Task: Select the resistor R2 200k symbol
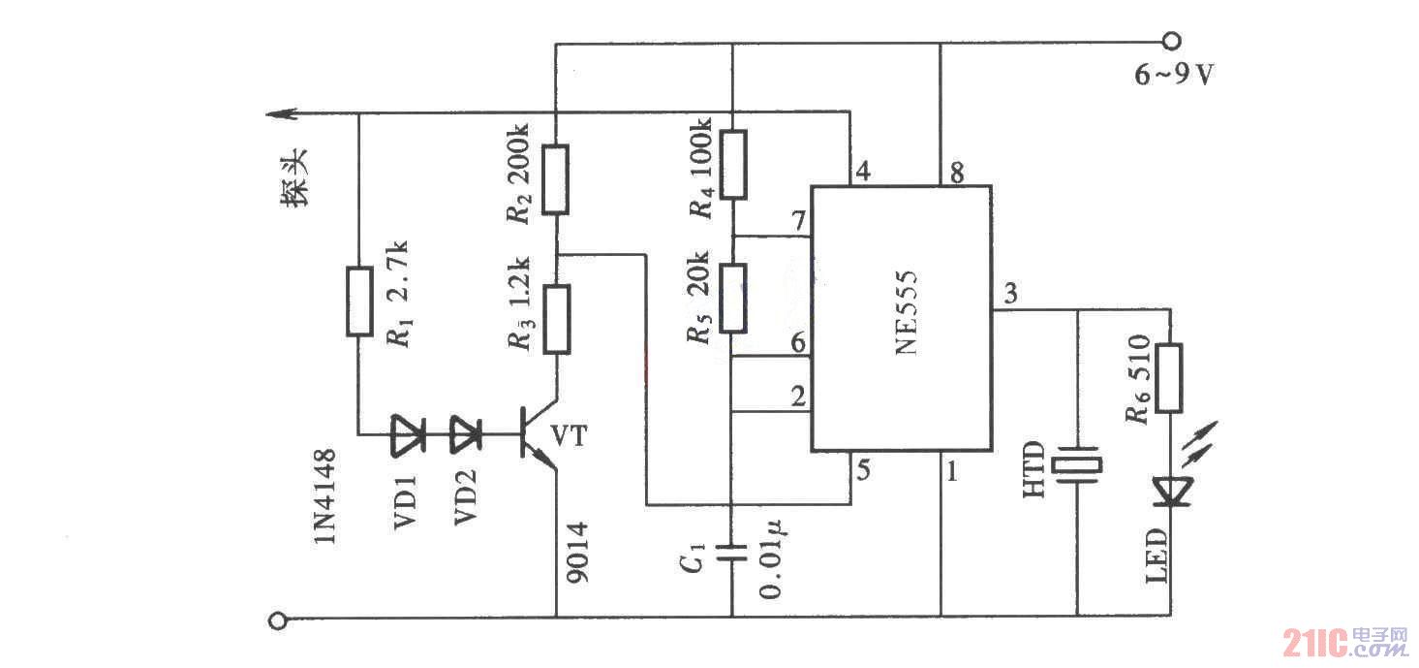point(555,178)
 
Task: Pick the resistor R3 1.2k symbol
point(556,319)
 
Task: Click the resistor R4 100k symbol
point(732,165)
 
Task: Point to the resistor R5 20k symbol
point(732,295)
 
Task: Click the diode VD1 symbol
point(407,434)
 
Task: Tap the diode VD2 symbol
point(467,434)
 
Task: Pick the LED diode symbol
point(1170,491)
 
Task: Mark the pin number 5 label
point(863,472)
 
